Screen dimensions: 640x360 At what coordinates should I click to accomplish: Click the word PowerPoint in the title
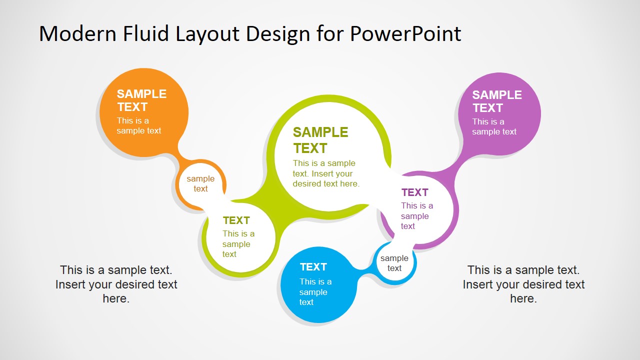coord(405,34)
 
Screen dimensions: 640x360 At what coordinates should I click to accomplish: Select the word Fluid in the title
coord(145,33)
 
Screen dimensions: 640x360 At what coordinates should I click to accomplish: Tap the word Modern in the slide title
coord(77,33)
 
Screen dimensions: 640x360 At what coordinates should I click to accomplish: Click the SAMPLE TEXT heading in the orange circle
coord(141,100)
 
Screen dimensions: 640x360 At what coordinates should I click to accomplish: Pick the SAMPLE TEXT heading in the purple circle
coord(497,101)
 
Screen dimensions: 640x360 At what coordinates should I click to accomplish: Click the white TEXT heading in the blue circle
coord(313,267)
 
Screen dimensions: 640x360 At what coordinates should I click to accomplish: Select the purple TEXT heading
coord(414,192)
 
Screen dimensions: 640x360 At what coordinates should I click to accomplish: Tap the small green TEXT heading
coord(236,220)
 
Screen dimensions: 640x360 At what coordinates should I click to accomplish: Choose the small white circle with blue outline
coord(394,263)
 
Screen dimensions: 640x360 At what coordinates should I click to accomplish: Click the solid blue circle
coord(318,285)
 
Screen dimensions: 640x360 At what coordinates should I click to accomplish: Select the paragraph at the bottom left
coord(116,284)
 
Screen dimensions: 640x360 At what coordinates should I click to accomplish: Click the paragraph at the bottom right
coord(523,284)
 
